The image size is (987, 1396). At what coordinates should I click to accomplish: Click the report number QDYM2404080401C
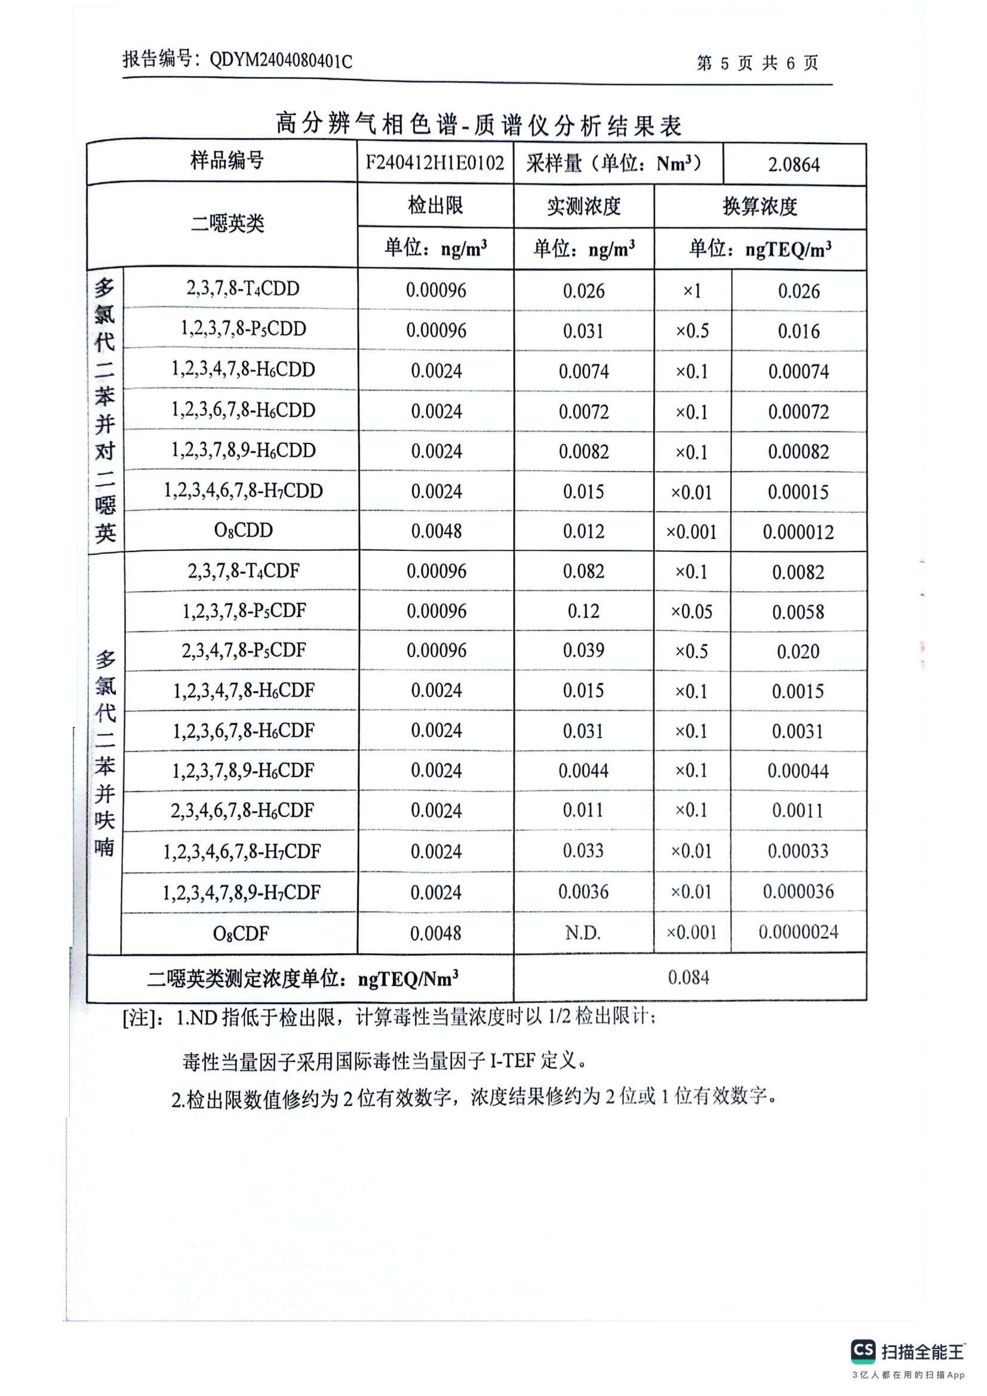coord(281,61)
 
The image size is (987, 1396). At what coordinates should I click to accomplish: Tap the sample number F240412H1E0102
coord(435,163)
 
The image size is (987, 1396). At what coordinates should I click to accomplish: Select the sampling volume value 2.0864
coord(794,164)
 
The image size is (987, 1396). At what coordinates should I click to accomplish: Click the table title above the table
coord(479,124)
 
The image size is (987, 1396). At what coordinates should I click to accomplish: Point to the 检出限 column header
coord(435,205)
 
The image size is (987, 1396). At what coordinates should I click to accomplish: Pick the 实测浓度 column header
coord(583,207)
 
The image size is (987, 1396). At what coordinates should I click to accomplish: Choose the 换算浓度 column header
coord(760,207)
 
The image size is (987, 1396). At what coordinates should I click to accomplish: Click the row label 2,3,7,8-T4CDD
coord(242,288)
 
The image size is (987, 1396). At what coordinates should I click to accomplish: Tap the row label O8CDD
coord(243,530)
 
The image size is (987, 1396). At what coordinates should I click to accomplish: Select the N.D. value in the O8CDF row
coord(583,933)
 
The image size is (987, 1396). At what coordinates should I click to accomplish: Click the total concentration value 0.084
coord(688,978)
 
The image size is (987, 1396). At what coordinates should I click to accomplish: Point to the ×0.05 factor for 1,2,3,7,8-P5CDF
coord(691,612)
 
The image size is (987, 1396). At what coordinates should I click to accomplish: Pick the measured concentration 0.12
coord(583,611)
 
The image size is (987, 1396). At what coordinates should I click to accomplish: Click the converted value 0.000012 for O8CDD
coord(798,532)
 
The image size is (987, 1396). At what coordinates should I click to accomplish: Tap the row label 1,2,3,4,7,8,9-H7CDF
coord(241,892)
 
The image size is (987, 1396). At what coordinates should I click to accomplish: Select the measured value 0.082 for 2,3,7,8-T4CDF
coord(583,571)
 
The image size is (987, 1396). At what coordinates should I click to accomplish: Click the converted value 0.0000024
coord(798,932)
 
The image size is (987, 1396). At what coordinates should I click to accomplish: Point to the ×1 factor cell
coord(692,291)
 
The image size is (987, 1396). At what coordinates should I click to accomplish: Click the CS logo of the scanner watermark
coord(863,1351)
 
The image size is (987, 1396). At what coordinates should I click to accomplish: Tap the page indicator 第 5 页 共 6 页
coord(757,63)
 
